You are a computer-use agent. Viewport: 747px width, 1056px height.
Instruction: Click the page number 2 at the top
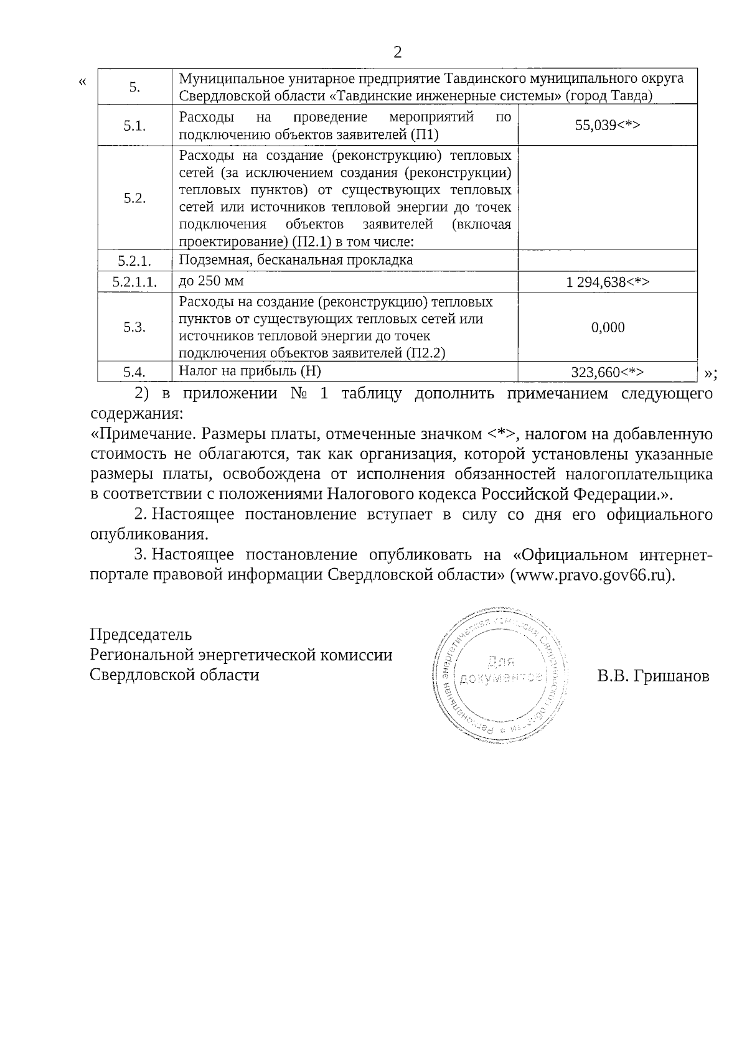397,52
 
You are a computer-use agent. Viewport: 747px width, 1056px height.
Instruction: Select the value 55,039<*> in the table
608,125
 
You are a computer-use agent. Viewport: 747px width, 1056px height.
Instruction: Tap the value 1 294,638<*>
608,283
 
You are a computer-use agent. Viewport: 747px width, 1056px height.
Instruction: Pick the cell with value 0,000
608,327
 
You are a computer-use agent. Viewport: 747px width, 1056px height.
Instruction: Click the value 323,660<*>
607,372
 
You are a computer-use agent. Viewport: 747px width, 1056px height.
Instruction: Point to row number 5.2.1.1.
134,283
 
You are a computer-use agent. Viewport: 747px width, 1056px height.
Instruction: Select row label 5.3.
134,327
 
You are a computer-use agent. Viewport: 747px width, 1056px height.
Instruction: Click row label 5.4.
134,372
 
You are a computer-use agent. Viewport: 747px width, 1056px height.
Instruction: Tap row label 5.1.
134,125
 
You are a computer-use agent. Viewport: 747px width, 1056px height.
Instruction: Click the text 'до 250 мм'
211,281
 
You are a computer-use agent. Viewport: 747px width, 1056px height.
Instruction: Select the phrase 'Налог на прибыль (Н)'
250,371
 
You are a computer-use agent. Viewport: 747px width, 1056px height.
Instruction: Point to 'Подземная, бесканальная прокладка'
296,260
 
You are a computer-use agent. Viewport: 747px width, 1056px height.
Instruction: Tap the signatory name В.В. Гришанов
652,676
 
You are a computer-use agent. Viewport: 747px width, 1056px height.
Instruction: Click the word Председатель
141,635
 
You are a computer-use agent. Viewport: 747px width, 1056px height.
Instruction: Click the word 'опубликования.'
149,535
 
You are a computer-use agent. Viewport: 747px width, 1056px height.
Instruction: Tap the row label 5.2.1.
134,261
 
